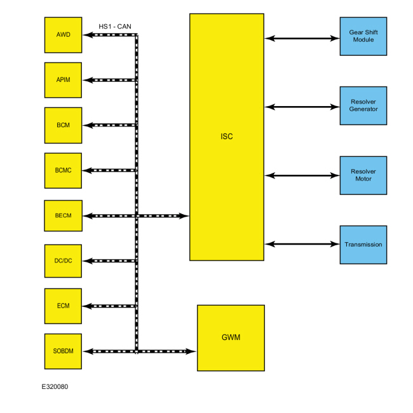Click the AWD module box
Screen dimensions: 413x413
[63, 35]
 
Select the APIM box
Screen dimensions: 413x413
[63, 79]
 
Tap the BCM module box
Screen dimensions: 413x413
[63, 125]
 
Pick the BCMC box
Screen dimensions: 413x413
[63, 170]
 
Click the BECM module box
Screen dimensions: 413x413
[63, 216]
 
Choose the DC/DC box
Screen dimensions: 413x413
[63, 261]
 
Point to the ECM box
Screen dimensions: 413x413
[63, 306]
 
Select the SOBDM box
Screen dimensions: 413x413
[63, 351]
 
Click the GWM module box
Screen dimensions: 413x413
[231, 337]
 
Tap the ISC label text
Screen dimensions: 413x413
[226, 136]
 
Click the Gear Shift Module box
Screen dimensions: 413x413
[363, 36]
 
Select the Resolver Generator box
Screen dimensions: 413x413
[363, 105]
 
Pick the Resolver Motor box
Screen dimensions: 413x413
[363, 175]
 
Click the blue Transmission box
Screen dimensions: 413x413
[363, 245]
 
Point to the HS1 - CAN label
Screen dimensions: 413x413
[115, 26]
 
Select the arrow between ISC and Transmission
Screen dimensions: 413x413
[302, 243]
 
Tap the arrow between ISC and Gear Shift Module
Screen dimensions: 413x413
[302, 38]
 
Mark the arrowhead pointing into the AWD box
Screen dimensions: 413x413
[87, 35]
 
